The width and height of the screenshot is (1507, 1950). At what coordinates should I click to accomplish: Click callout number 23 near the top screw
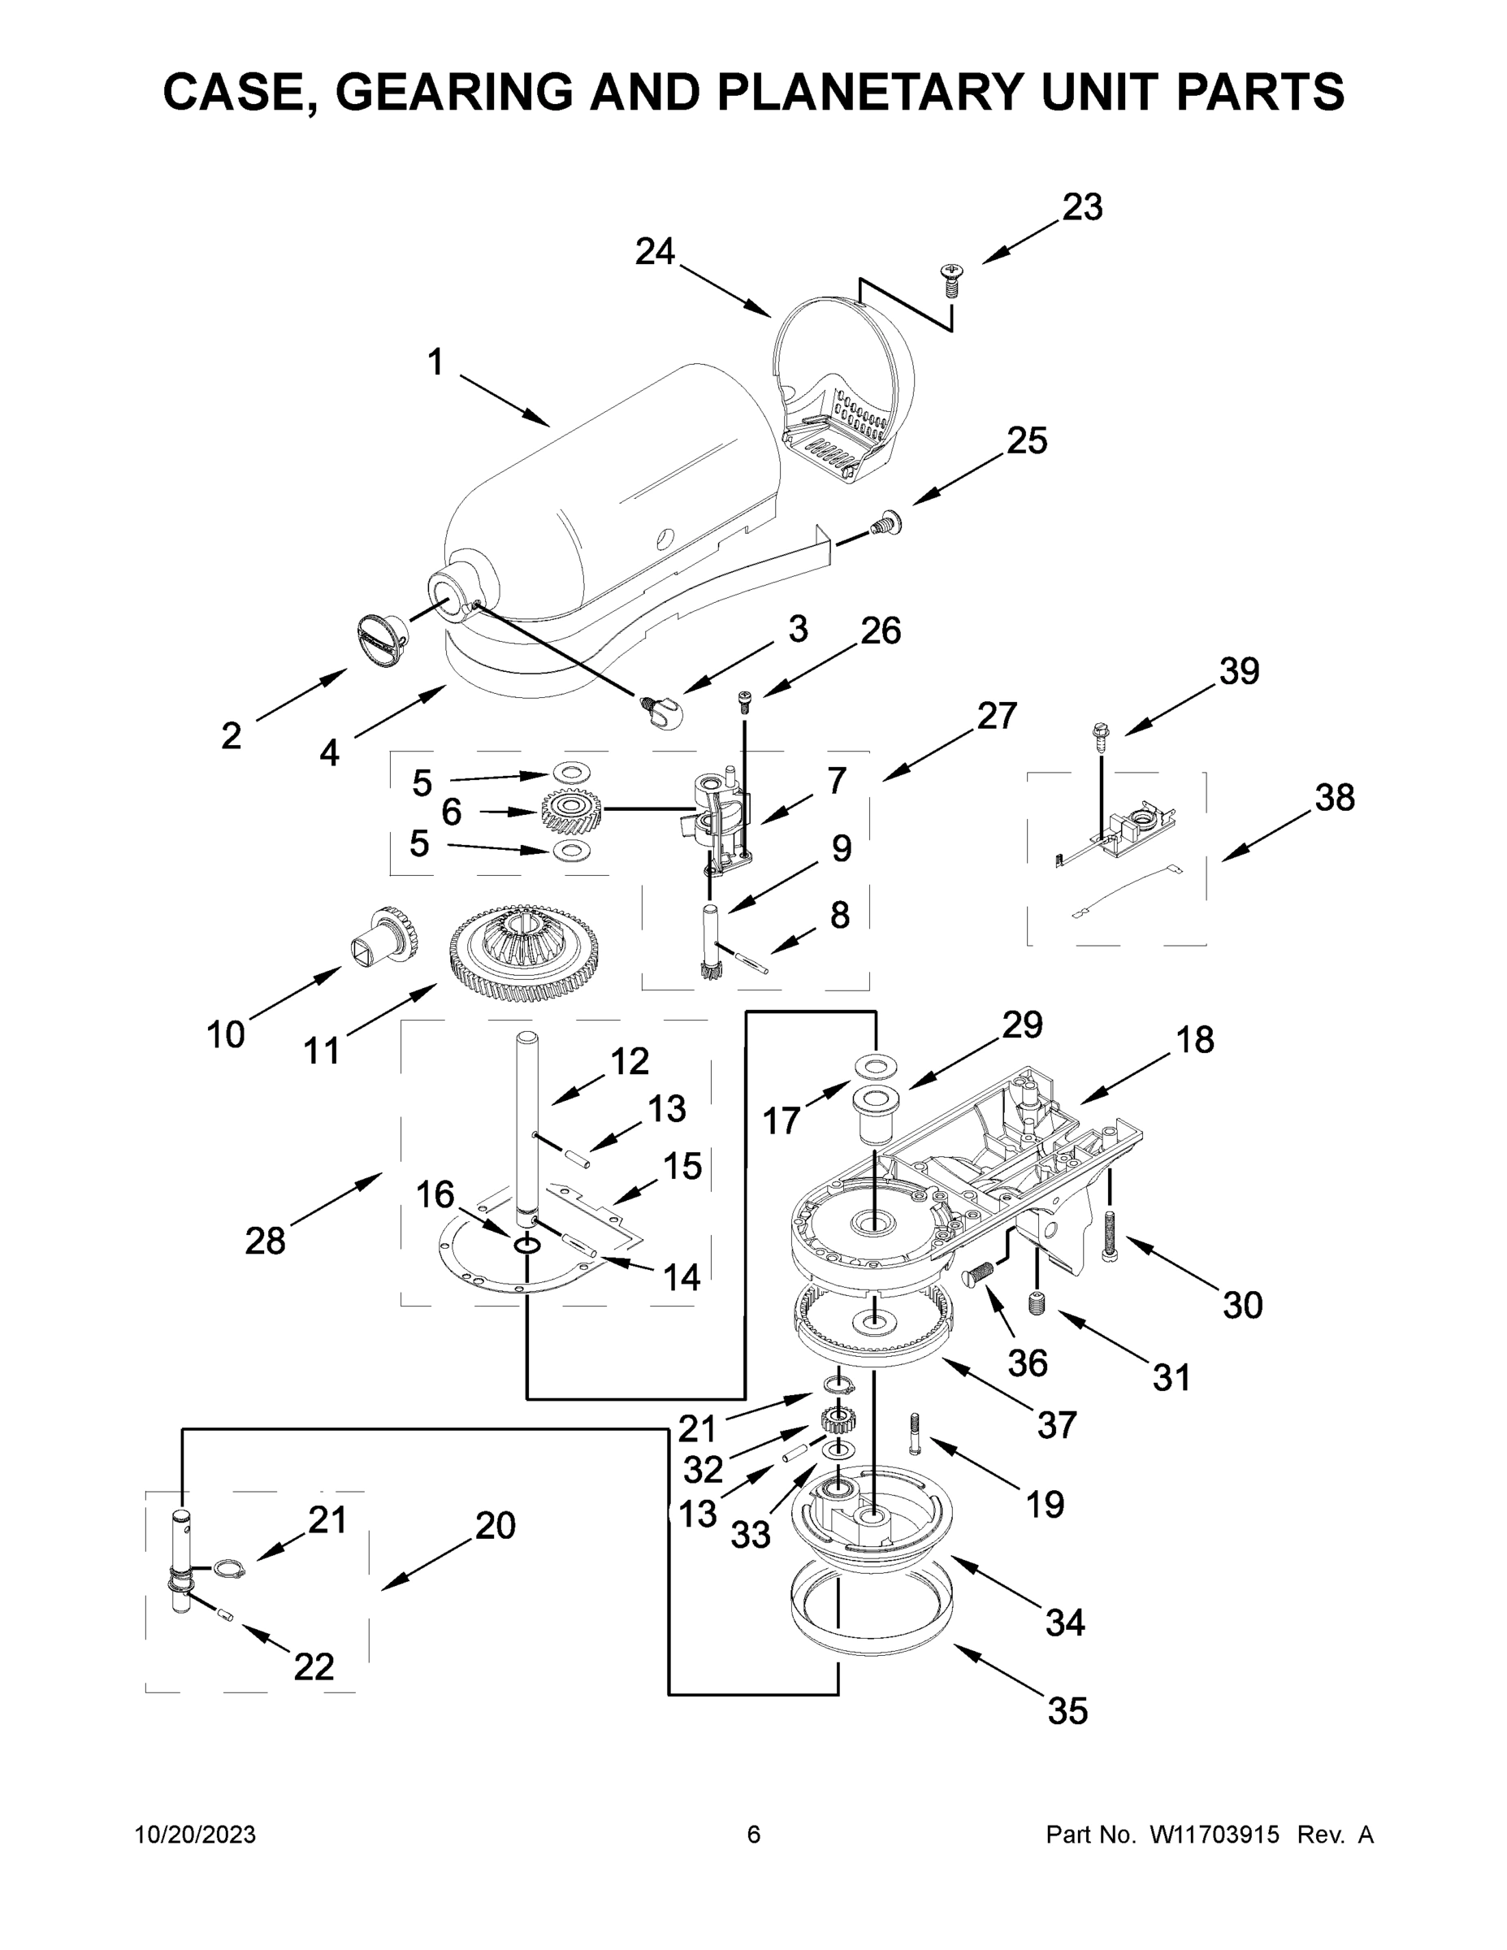coord(1082,207)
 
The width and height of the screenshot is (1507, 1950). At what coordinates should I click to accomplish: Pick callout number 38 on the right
coord(1334,797)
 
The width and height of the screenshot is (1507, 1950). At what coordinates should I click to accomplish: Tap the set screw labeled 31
coord(1037,1302)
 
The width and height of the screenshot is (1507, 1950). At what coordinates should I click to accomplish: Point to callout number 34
coord(1065,1623)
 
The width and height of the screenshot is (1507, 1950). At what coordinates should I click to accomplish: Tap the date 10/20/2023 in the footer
coord(196,1835)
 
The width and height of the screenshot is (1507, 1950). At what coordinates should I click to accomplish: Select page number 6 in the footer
coord(754,1835)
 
